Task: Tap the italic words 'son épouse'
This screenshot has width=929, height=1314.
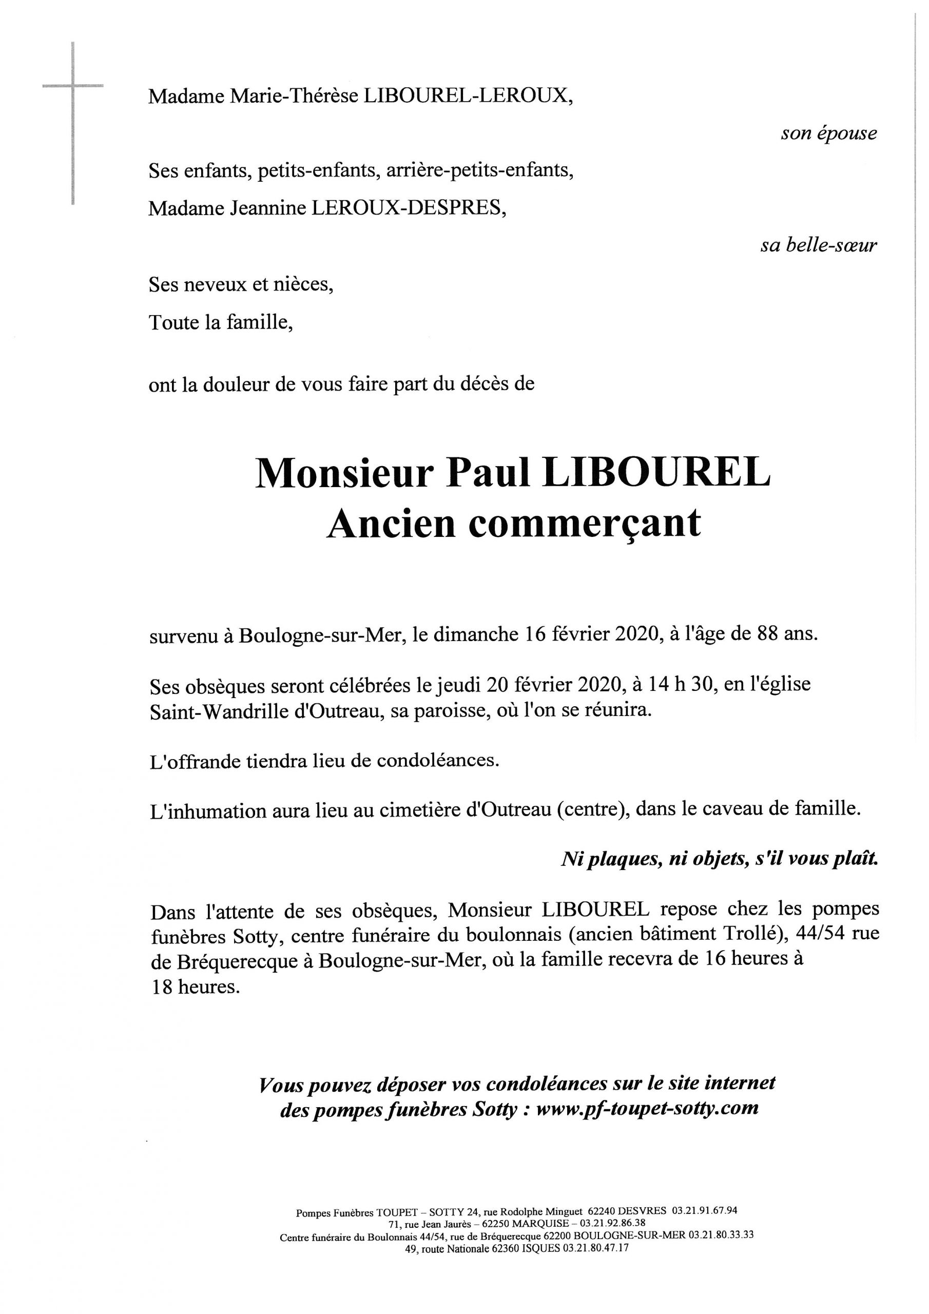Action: [828, 133]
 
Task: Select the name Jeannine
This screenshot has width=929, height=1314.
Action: [267, 208]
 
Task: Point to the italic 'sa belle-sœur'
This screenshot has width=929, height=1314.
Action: [819, 245]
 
